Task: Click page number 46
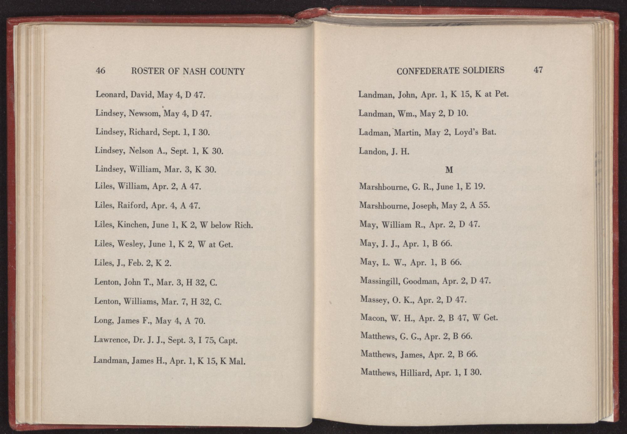[100, 71]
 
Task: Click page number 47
[538, 70]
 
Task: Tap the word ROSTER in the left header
[148, 71]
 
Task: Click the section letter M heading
[449, 170]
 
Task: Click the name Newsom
[145, 113]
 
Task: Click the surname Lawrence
[111, 340]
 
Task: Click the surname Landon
[373, 151]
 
